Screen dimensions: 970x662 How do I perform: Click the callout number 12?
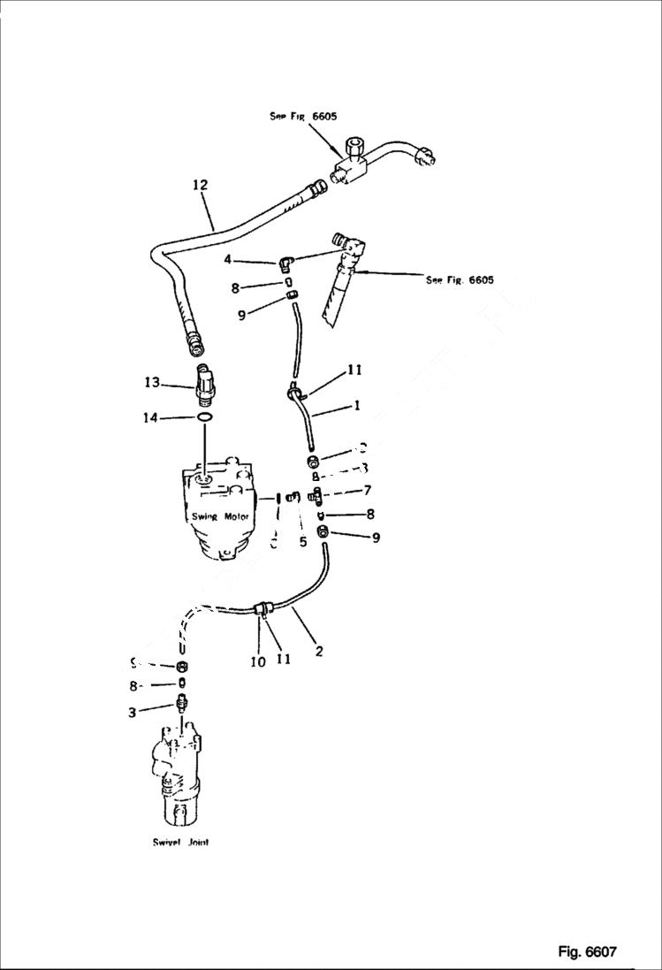click(x=200, y=185)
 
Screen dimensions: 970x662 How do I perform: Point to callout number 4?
click(x=228, y=260)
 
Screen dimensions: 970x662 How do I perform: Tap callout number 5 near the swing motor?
click(x=302, y=542)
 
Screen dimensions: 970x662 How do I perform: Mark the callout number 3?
click(x=132, y=712)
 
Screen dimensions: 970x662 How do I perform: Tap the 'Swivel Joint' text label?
click(x=180, y=843)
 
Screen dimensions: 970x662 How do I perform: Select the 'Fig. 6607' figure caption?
click(x=586, y=951)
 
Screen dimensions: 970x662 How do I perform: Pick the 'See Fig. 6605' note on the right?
click(x=460, y=280)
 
